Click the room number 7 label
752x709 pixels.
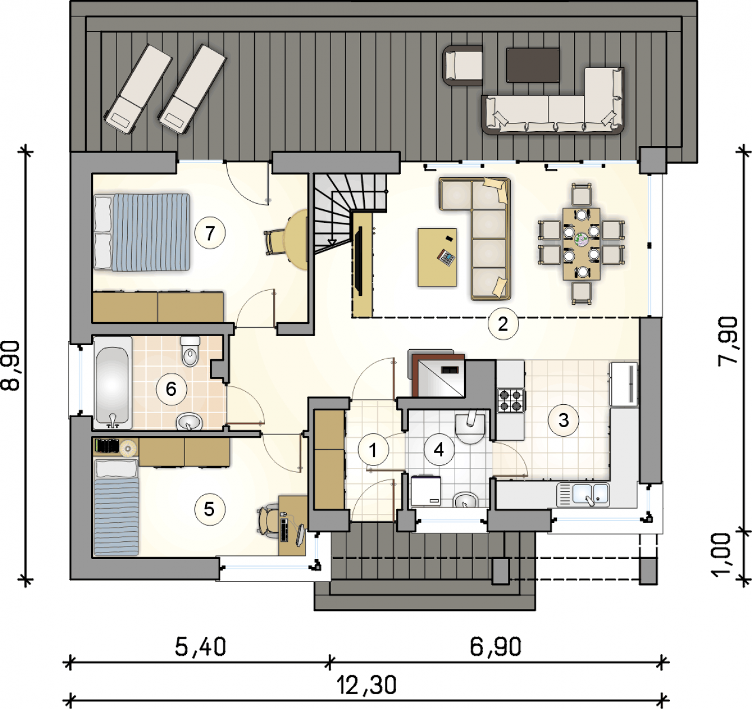(210, 233)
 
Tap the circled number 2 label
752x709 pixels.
(503, 324)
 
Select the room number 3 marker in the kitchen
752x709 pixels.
(563, 420)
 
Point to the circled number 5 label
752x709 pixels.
(209, 509)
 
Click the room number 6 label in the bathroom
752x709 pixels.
(171, 389)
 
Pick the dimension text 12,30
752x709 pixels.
(367, 685)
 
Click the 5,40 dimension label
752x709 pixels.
(200, 647)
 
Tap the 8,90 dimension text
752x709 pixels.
(11, 365)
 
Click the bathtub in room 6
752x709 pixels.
(112, 383)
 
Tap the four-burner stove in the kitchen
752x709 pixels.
(511, 400)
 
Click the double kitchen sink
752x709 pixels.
(583, 495)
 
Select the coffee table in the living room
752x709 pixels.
(437, 257)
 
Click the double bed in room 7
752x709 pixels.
(142, 232)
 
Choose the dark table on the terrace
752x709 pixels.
(533, 65)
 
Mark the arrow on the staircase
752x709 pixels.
(332, 242)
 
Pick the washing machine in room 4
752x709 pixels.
(426, 491)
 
